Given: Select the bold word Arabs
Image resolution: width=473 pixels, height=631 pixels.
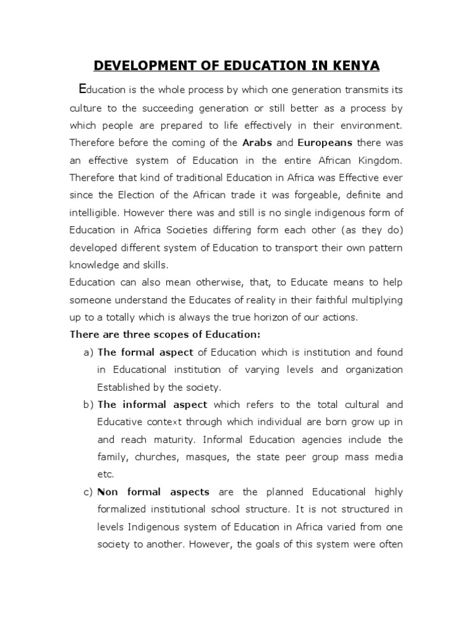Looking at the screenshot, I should click(257, 142).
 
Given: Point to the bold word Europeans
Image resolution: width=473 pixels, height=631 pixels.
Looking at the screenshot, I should click(325, 142).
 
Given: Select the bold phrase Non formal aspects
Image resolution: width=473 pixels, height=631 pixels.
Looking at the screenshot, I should click(153, 492).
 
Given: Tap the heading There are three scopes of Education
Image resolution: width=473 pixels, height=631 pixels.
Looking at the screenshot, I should click(165, 335).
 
